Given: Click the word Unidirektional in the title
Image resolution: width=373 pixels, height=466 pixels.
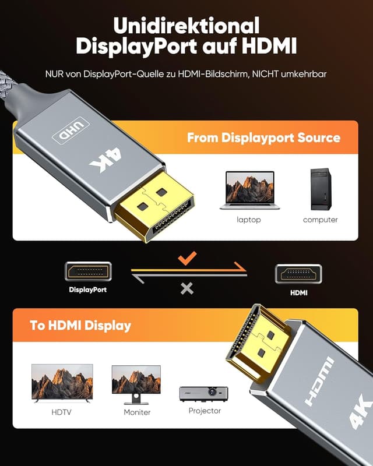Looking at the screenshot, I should [186, 25].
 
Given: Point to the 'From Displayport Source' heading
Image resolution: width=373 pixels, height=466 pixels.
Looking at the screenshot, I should [263, 138].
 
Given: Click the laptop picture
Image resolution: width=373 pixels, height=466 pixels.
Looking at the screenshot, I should [249, 190].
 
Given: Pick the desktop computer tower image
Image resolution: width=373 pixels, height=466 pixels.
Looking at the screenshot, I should [320, 189].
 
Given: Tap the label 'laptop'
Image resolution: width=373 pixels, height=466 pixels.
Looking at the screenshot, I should [249, 220].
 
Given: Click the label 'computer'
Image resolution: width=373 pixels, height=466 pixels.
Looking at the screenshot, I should [320, 220].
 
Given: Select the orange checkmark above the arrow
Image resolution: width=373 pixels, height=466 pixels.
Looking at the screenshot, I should [187, 258].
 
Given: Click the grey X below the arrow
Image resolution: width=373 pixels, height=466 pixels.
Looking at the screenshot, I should [186, 288].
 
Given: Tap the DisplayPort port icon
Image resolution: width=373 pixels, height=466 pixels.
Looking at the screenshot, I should [88, 271].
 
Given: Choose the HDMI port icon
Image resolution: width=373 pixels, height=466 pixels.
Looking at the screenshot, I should [298, 274].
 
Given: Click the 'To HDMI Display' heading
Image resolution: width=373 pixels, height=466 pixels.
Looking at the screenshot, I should [80, 325].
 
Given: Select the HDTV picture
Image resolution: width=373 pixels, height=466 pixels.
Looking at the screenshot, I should [62, 383].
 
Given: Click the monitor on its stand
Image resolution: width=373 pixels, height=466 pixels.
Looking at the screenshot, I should [136, 384].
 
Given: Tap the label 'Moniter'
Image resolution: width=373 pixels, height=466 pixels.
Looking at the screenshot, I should [137, 412].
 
